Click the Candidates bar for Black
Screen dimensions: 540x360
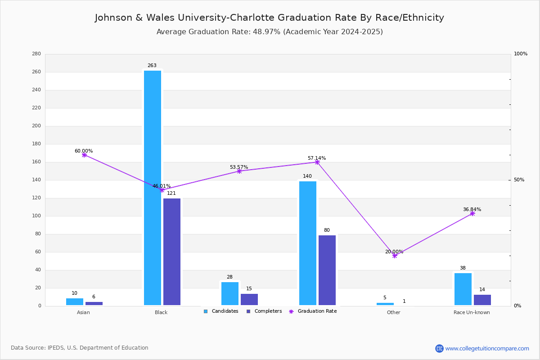click(153, 188)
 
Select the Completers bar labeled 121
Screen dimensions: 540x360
click(172, 252)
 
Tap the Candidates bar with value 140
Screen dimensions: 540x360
click(308, 243)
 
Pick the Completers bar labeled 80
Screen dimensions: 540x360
click(327, 270)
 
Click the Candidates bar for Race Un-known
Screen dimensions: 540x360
click(463, 289)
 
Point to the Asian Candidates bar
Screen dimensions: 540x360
click(75, 301)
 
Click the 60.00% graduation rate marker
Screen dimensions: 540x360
click(84, 155)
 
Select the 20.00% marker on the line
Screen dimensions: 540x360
click(394, 256)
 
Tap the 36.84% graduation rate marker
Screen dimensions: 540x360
click(472, 213)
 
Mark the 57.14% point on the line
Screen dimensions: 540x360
click(317, 162)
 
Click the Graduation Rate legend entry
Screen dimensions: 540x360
click(313, 311)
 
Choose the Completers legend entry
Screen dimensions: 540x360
click(264, 311)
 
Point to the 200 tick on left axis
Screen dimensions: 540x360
click(36, 126)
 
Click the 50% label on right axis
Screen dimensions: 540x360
click(519, 180)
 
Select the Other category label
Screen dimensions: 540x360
click(393, 312)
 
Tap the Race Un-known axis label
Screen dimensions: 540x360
click(472, 312)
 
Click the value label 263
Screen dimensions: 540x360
click(152, 65)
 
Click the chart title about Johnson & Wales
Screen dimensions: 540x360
click(269, 18)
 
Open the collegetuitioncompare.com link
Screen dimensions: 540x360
click(487, 348)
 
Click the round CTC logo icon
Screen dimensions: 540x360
click(439, 348)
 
